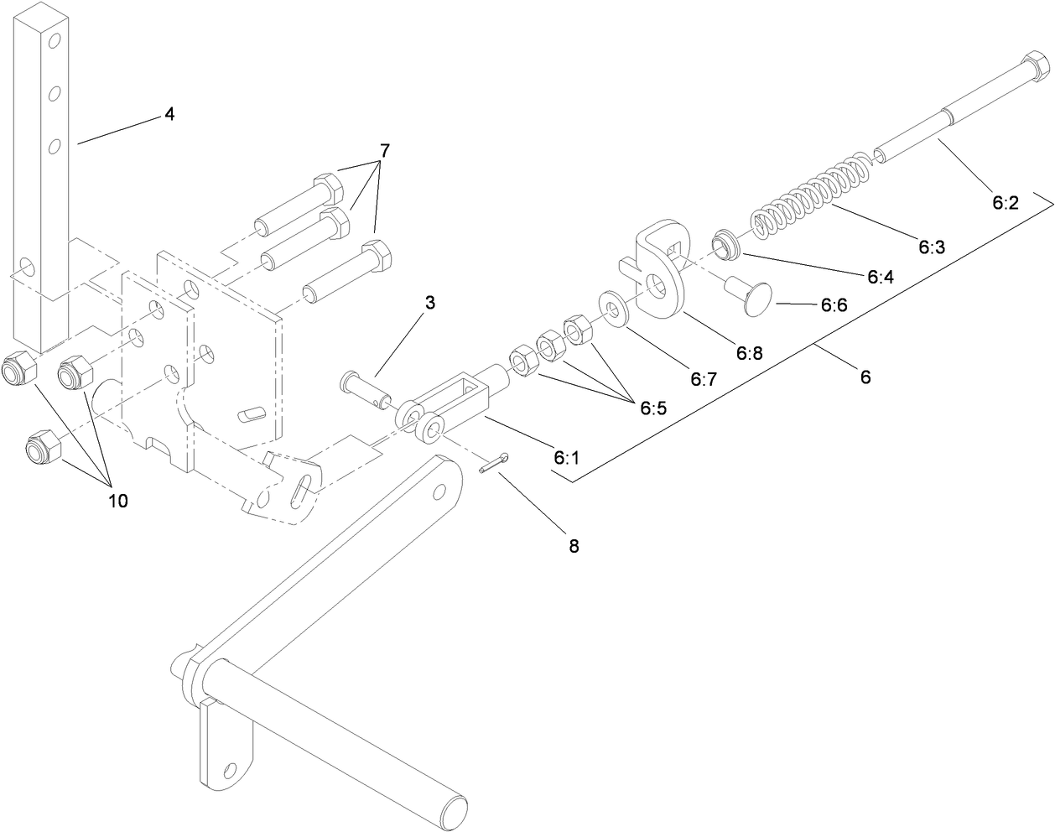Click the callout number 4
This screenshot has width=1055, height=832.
pyautogui.click(x=169, y=114)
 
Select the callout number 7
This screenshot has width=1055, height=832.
pyautogui.click(x=384, y=152)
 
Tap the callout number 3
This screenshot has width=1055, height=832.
pyautogui.click(x=429, y=303)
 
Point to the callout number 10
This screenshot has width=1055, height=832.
pyautogui.click(x=117, y=501)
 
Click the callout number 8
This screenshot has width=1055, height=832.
pyautogui.click(x=574, y=546)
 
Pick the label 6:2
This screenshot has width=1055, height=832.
pyautogui.click(x=1005, y=202)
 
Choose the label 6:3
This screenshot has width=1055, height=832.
pyautogui.click(x=931, y=247)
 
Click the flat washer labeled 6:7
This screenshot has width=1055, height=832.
pyautogui.click(x=615, y=307)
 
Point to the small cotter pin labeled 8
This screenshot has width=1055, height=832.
pyautogui.click(x=493, y=464)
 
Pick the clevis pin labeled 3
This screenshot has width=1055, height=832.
pyautogui.click(x=366, y=390)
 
